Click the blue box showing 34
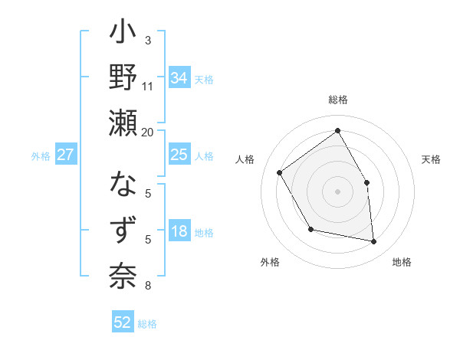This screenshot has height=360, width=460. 179,78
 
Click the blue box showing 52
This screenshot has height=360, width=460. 123,322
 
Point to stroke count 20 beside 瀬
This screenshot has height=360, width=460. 147,132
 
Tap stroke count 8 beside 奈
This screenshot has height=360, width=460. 148,286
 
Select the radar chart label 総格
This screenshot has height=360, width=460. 338,100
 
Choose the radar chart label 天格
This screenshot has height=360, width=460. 431,159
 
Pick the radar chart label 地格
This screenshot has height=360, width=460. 402,262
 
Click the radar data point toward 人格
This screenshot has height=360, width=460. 280,172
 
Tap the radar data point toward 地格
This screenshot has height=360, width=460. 373,241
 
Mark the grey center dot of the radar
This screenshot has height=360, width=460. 337,191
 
